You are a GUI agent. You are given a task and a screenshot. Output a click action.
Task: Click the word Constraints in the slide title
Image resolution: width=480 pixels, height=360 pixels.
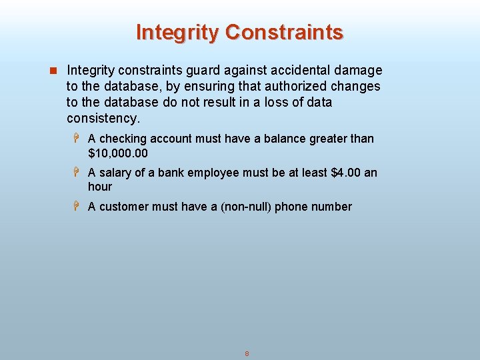[x=285, y=32]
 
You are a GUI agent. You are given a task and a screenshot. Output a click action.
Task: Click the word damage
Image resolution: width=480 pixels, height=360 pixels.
[x=359, y=70]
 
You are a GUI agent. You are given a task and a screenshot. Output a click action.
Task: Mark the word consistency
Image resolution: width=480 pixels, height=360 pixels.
[x=103, y=119]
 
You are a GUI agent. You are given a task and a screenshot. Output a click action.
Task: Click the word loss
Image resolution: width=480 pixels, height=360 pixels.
[x=269, y=102]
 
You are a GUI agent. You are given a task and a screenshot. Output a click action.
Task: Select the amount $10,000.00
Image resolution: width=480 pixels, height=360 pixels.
[x=118, y=153]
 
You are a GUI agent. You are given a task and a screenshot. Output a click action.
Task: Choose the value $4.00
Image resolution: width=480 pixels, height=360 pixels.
[x=346, y=173]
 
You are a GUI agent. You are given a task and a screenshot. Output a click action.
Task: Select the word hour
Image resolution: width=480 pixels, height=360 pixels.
[x=100, y=187]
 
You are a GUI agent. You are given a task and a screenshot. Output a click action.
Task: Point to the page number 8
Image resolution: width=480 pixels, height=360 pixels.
[x=247, y=353]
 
